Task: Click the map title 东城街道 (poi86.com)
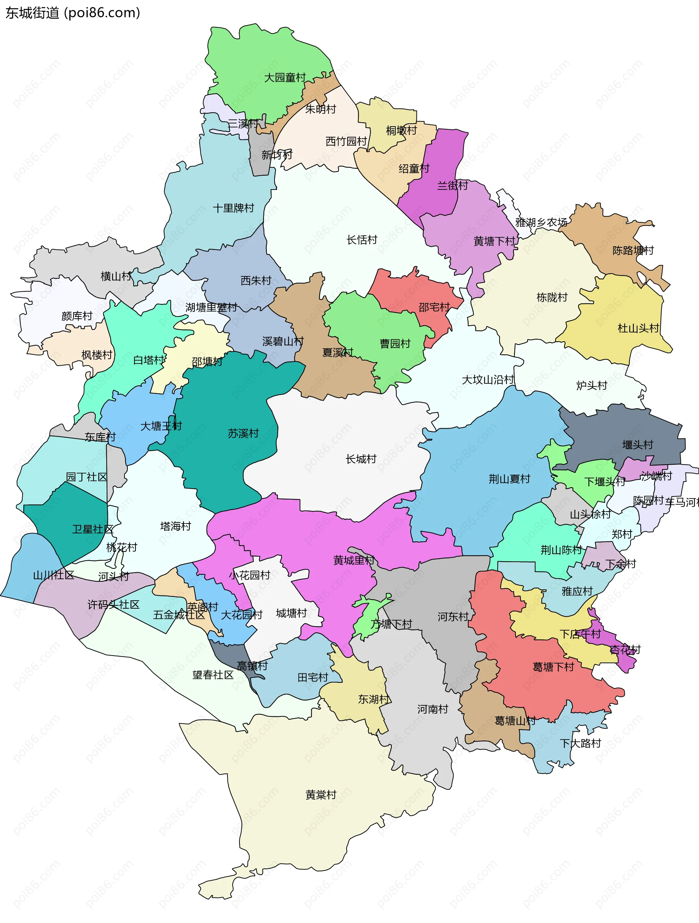[73, 13]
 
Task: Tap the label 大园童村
[285, 77]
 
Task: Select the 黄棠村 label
[320, 795]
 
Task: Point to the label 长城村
[361, 459]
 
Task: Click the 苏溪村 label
[243, 434]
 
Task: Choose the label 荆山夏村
[509, 479]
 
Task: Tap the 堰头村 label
[637, 445]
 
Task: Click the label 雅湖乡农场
[541, 222]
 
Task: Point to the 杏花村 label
[625, 650]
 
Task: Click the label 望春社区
[213, 675]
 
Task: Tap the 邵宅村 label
[434, 307]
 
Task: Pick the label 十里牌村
[233, 208]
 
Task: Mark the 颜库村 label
[76, 316]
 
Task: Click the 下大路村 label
[580, 743]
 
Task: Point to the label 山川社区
[54, 576]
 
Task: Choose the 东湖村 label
[373, 699]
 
